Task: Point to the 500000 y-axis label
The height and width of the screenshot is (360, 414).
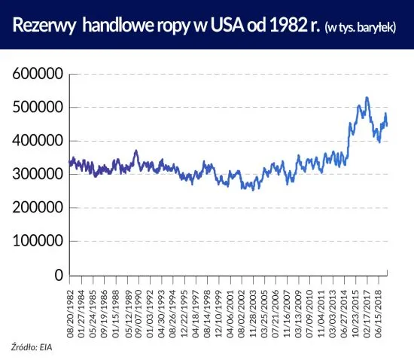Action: coord(36,108)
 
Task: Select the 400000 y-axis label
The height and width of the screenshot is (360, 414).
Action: coord(36,141)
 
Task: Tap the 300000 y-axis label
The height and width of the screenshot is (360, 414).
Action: coord(36,175)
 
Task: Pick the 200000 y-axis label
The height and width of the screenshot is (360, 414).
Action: coord(36,208)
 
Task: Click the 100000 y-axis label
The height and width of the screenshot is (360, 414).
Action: coord(36,242)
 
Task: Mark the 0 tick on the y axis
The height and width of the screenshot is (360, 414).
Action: coord(59,275)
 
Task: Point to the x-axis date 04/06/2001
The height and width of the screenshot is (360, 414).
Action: coord(231,308)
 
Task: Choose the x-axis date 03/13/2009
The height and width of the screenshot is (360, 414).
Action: coord(299,308)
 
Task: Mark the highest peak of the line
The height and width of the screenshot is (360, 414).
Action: coord(367,97)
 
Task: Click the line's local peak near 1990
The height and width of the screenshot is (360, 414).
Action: coord(135,151)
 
